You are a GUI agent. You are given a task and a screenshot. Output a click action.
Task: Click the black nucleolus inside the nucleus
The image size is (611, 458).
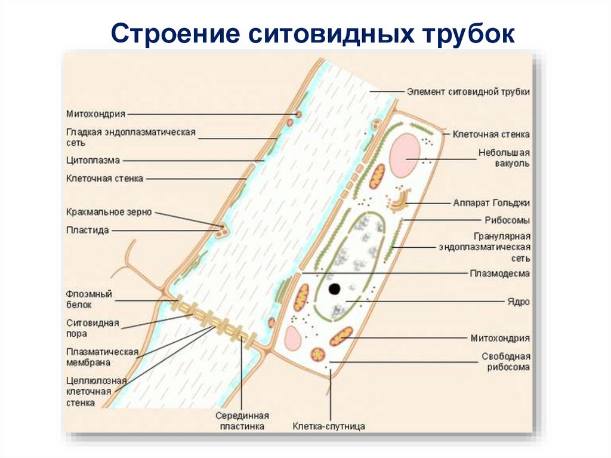(x=334, y=289)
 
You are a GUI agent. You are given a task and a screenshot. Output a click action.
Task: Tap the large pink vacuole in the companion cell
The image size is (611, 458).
(x=405, y=155)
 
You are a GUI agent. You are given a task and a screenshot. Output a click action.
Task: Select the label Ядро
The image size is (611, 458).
(x=519, y=302)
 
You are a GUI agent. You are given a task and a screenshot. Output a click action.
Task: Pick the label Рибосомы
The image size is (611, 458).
(x=507, y=220)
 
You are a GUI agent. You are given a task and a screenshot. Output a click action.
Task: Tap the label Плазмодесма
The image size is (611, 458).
(x=499, y=273)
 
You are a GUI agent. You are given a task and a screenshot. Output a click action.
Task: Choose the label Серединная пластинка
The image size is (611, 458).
(x=242, y=421)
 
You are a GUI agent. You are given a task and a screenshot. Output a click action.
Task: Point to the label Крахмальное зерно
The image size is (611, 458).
(x=109, y=212)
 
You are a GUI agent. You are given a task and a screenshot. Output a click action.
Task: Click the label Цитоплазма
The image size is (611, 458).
(x=93, y=160)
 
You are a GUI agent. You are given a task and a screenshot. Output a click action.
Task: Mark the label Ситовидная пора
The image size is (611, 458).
(x=92, y=328)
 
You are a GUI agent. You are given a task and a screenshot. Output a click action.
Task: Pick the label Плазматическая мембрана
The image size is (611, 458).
(x=102, y=356)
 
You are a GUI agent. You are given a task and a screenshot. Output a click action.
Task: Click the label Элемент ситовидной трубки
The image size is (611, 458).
(x=468, y=92)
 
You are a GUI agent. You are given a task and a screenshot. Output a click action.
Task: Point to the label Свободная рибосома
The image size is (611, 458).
(x=505, y=362)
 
